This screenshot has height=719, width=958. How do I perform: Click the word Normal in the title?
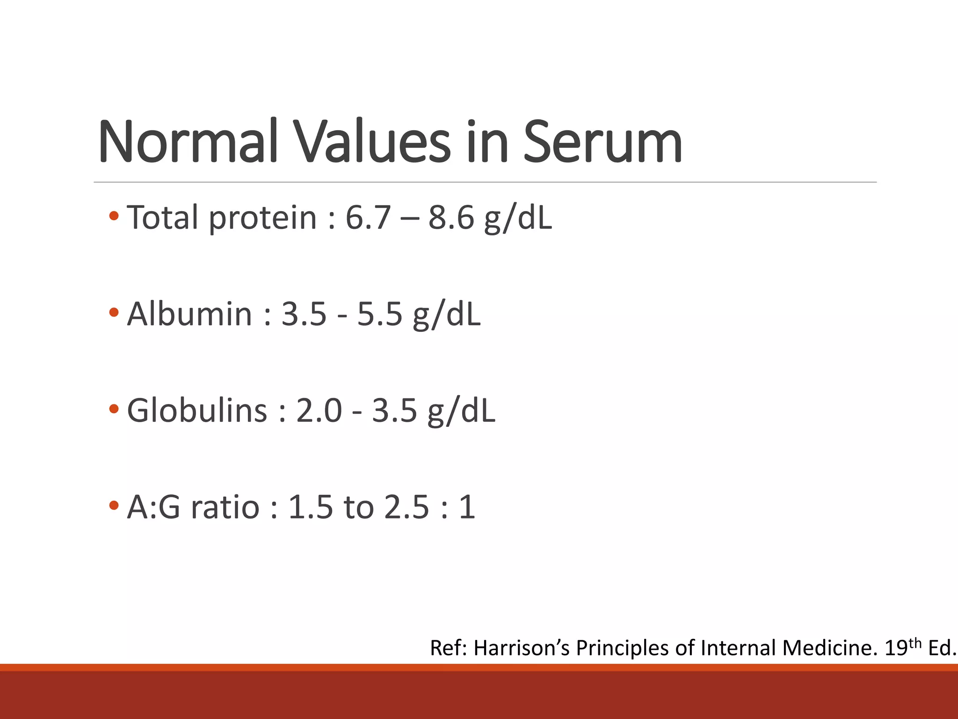pos(188,141)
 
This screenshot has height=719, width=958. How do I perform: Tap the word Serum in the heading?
pos(602,141)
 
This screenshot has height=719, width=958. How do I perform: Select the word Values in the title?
pos(372,141)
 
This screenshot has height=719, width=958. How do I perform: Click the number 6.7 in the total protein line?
pos(368,218)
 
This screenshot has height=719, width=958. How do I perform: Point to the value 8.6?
pos(451,218)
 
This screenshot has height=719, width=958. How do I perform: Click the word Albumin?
pos(190,314)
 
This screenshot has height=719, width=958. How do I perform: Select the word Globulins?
pos(197,410)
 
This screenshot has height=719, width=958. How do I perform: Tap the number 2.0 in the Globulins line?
pos(319,411)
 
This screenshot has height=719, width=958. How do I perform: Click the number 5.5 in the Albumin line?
pos(379,314)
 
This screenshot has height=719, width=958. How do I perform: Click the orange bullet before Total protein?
pos(114,216)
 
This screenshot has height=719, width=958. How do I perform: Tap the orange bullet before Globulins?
pos(114,409)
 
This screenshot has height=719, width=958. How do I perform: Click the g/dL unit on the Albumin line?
pos(446,315)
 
